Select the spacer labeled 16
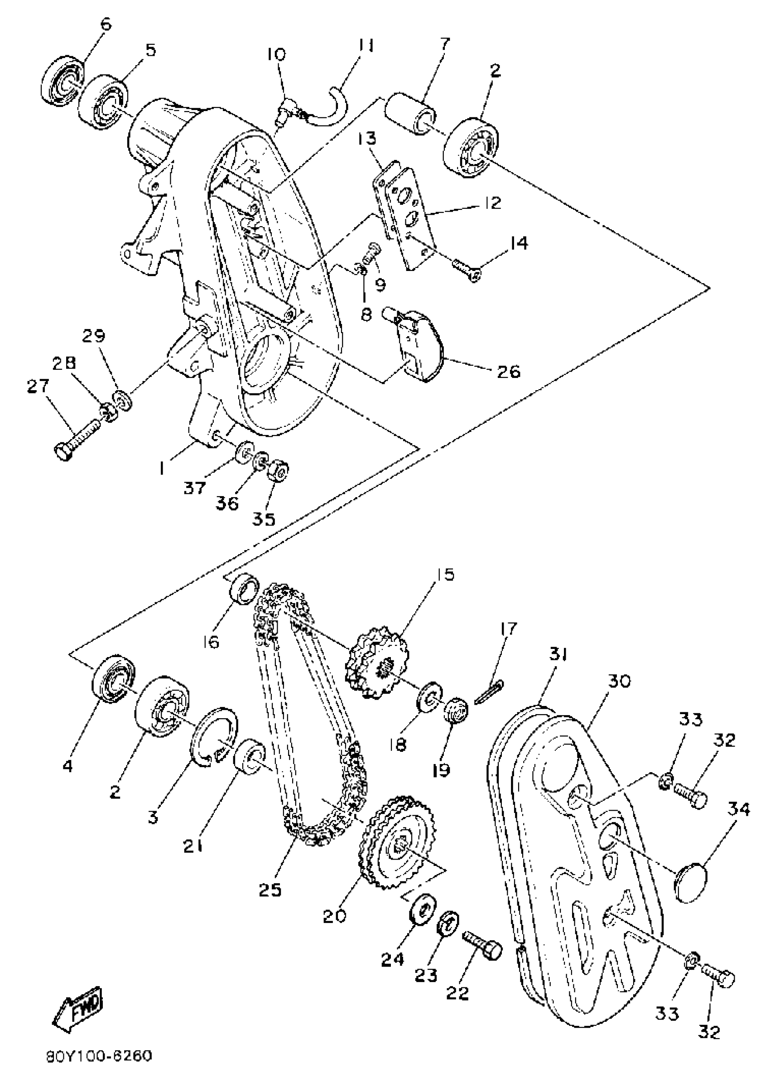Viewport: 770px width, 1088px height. pos(244,589)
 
